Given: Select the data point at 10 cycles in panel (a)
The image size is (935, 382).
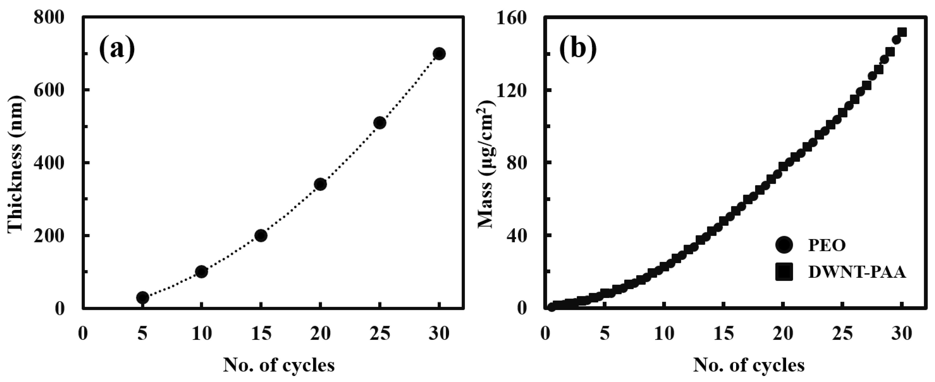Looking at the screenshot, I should coord(201,271).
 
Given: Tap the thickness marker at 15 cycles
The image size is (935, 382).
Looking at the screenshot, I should coord(261,236).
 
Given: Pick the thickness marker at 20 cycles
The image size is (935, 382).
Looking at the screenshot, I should coord(320,184).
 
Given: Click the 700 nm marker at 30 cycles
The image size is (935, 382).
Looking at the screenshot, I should coord(439,54).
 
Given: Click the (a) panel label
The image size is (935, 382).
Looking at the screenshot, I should coord(117,49).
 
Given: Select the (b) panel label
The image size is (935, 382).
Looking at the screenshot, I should coord(578,49).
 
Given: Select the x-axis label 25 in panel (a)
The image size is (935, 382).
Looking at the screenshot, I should coord(380,333).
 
